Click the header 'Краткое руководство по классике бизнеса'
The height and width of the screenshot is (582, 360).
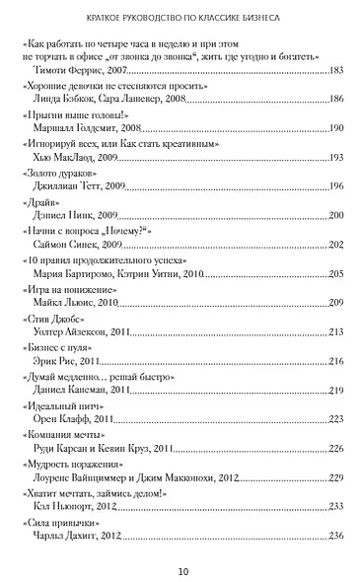point(180,17)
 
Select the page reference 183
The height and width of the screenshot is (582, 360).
point(335,71)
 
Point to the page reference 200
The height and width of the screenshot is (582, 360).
point(335,216)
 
